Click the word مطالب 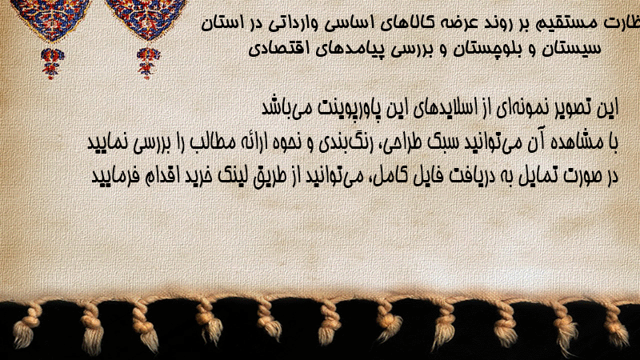(x=213, y=142)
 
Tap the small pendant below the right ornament (x=148, y=63)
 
